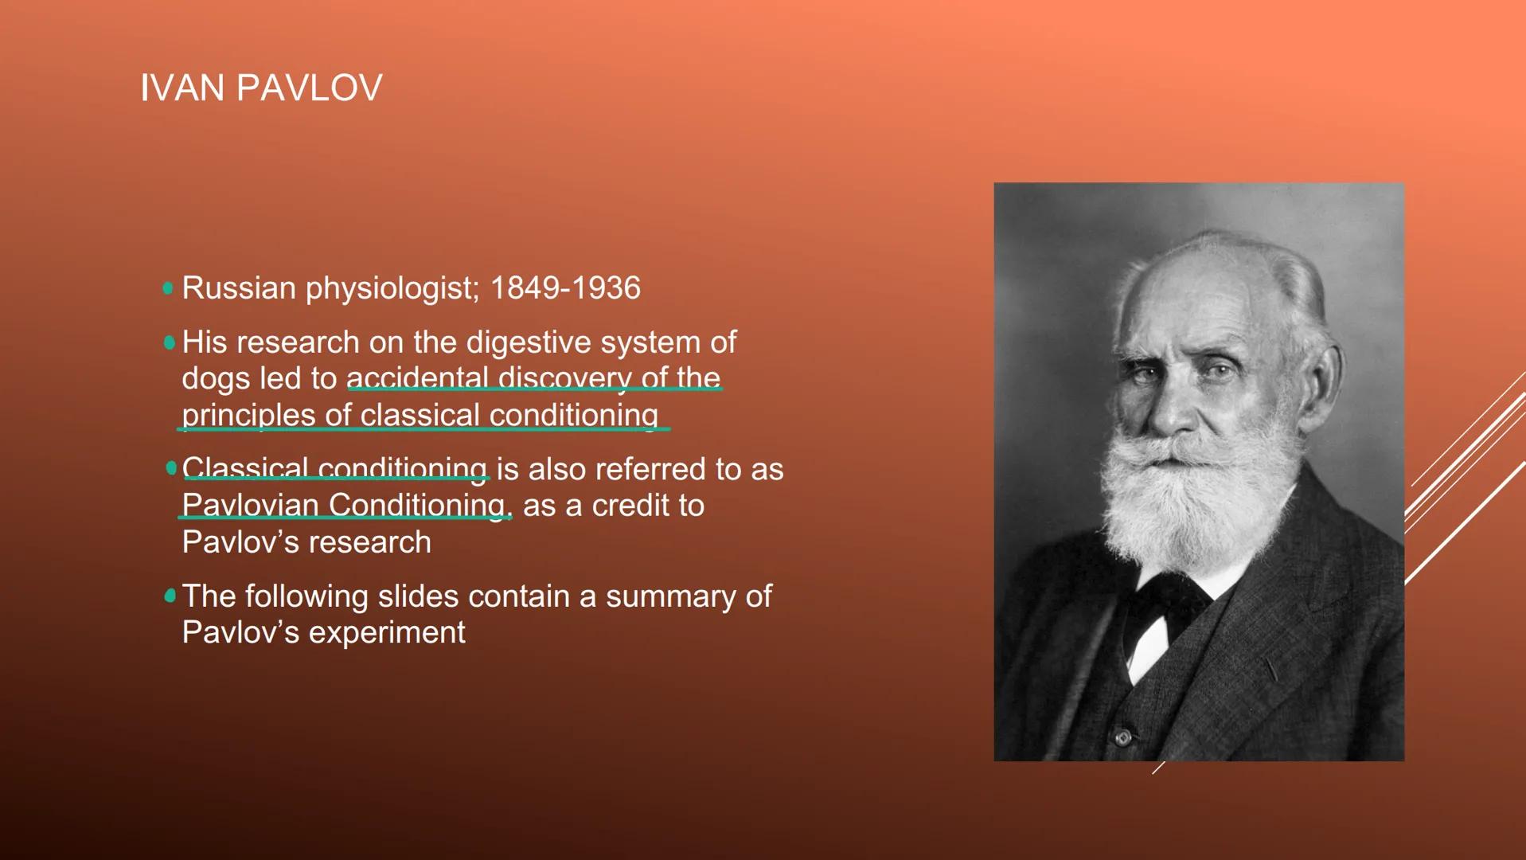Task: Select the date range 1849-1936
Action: pos(564,288)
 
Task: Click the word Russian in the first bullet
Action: pos(239,288)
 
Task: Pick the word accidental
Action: pos(417,378)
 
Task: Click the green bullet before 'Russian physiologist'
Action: pos(168,288)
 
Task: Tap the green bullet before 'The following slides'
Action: pos(170,596)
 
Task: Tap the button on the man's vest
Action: pos(1123,737)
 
